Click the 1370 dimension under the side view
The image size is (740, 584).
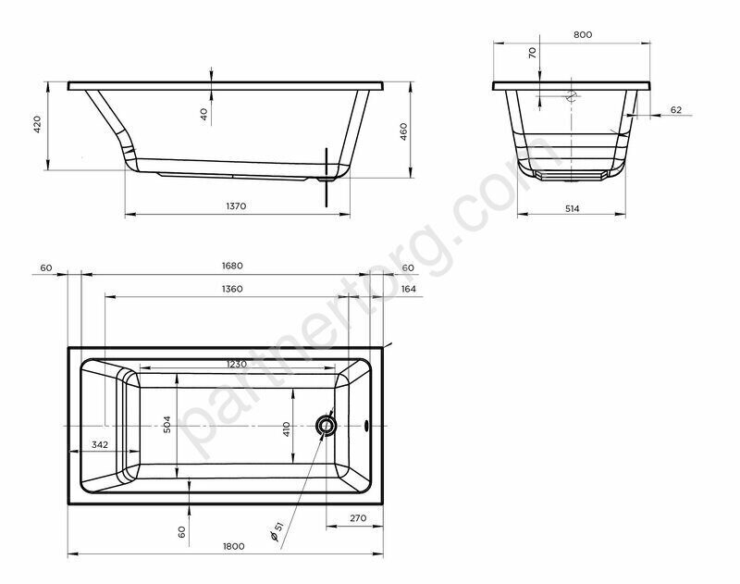[x=236, y=205]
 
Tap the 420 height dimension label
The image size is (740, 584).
[x=37, y=124]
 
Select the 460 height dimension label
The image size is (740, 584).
[x=403, y=131]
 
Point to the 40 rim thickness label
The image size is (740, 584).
[x=203, y=114]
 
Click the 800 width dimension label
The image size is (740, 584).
[x=583, y=34]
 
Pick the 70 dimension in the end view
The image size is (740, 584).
[x=533, y=53]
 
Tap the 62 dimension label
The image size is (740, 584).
[x=676, y=109]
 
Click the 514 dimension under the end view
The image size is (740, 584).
[x=572, y=208]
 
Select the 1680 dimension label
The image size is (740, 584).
[x=232, y=266]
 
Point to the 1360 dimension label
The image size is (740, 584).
[x=232, y=289]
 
